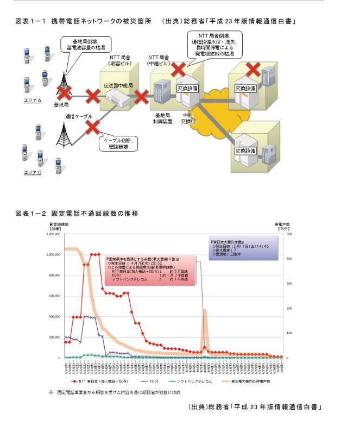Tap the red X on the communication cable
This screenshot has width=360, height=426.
pos(93,127)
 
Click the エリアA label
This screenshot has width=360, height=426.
pos(33,101)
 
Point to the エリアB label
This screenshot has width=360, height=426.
pos(33,173)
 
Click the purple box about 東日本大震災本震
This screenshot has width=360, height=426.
pos(242,248)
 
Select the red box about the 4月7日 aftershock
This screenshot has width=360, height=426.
pos(149,271)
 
